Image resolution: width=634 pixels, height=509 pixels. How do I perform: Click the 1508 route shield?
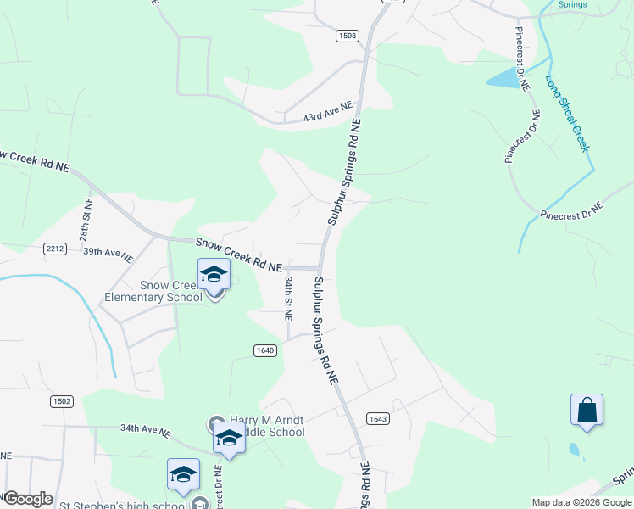tap(347, 36)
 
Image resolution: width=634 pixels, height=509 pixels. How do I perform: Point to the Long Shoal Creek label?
tap(566, 115)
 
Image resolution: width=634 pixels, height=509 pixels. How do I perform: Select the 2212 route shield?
tap(54, 248)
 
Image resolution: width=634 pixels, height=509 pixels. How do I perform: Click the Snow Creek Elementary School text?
tap(153, 291)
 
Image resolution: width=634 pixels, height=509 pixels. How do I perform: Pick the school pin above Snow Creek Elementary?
tap(214, 275)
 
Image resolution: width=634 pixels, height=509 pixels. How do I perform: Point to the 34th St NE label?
tap(288, 297)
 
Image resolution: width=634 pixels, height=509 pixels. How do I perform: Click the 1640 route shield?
tap(265, 350)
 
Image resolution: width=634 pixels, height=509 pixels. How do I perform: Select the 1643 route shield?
tap(378, 418)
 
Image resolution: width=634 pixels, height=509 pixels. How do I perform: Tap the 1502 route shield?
tap(62, 400)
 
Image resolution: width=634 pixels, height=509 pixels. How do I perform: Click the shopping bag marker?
tap(587, 411)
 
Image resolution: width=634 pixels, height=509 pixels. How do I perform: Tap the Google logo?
tap(27, 499)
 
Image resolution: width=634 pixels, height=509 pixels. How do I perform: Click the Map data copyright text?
tap(581, 502)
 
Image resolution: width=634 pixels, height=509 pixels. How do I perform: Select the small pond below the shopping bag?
tap(576, 449)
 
